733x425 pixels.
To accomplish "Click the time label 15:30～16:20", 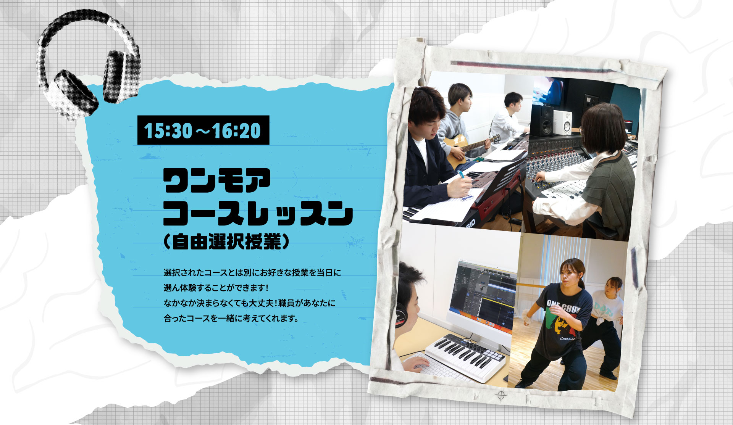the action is coord(203,130).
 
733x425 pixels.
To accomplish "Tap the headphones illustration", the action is coord(89,63).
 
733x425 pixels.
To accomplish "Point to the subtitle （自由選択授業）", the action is coord(226,241).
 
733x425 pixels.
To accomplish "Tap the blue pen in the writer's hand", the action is coord(462,175).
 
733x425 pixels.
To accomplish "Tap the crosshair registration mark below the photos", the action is coord(501,396).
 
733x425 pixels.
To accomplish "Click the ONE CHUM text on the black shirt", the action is coord(563,306).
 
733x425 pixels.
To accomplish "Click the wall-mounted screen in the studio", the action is coord(549,91).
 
